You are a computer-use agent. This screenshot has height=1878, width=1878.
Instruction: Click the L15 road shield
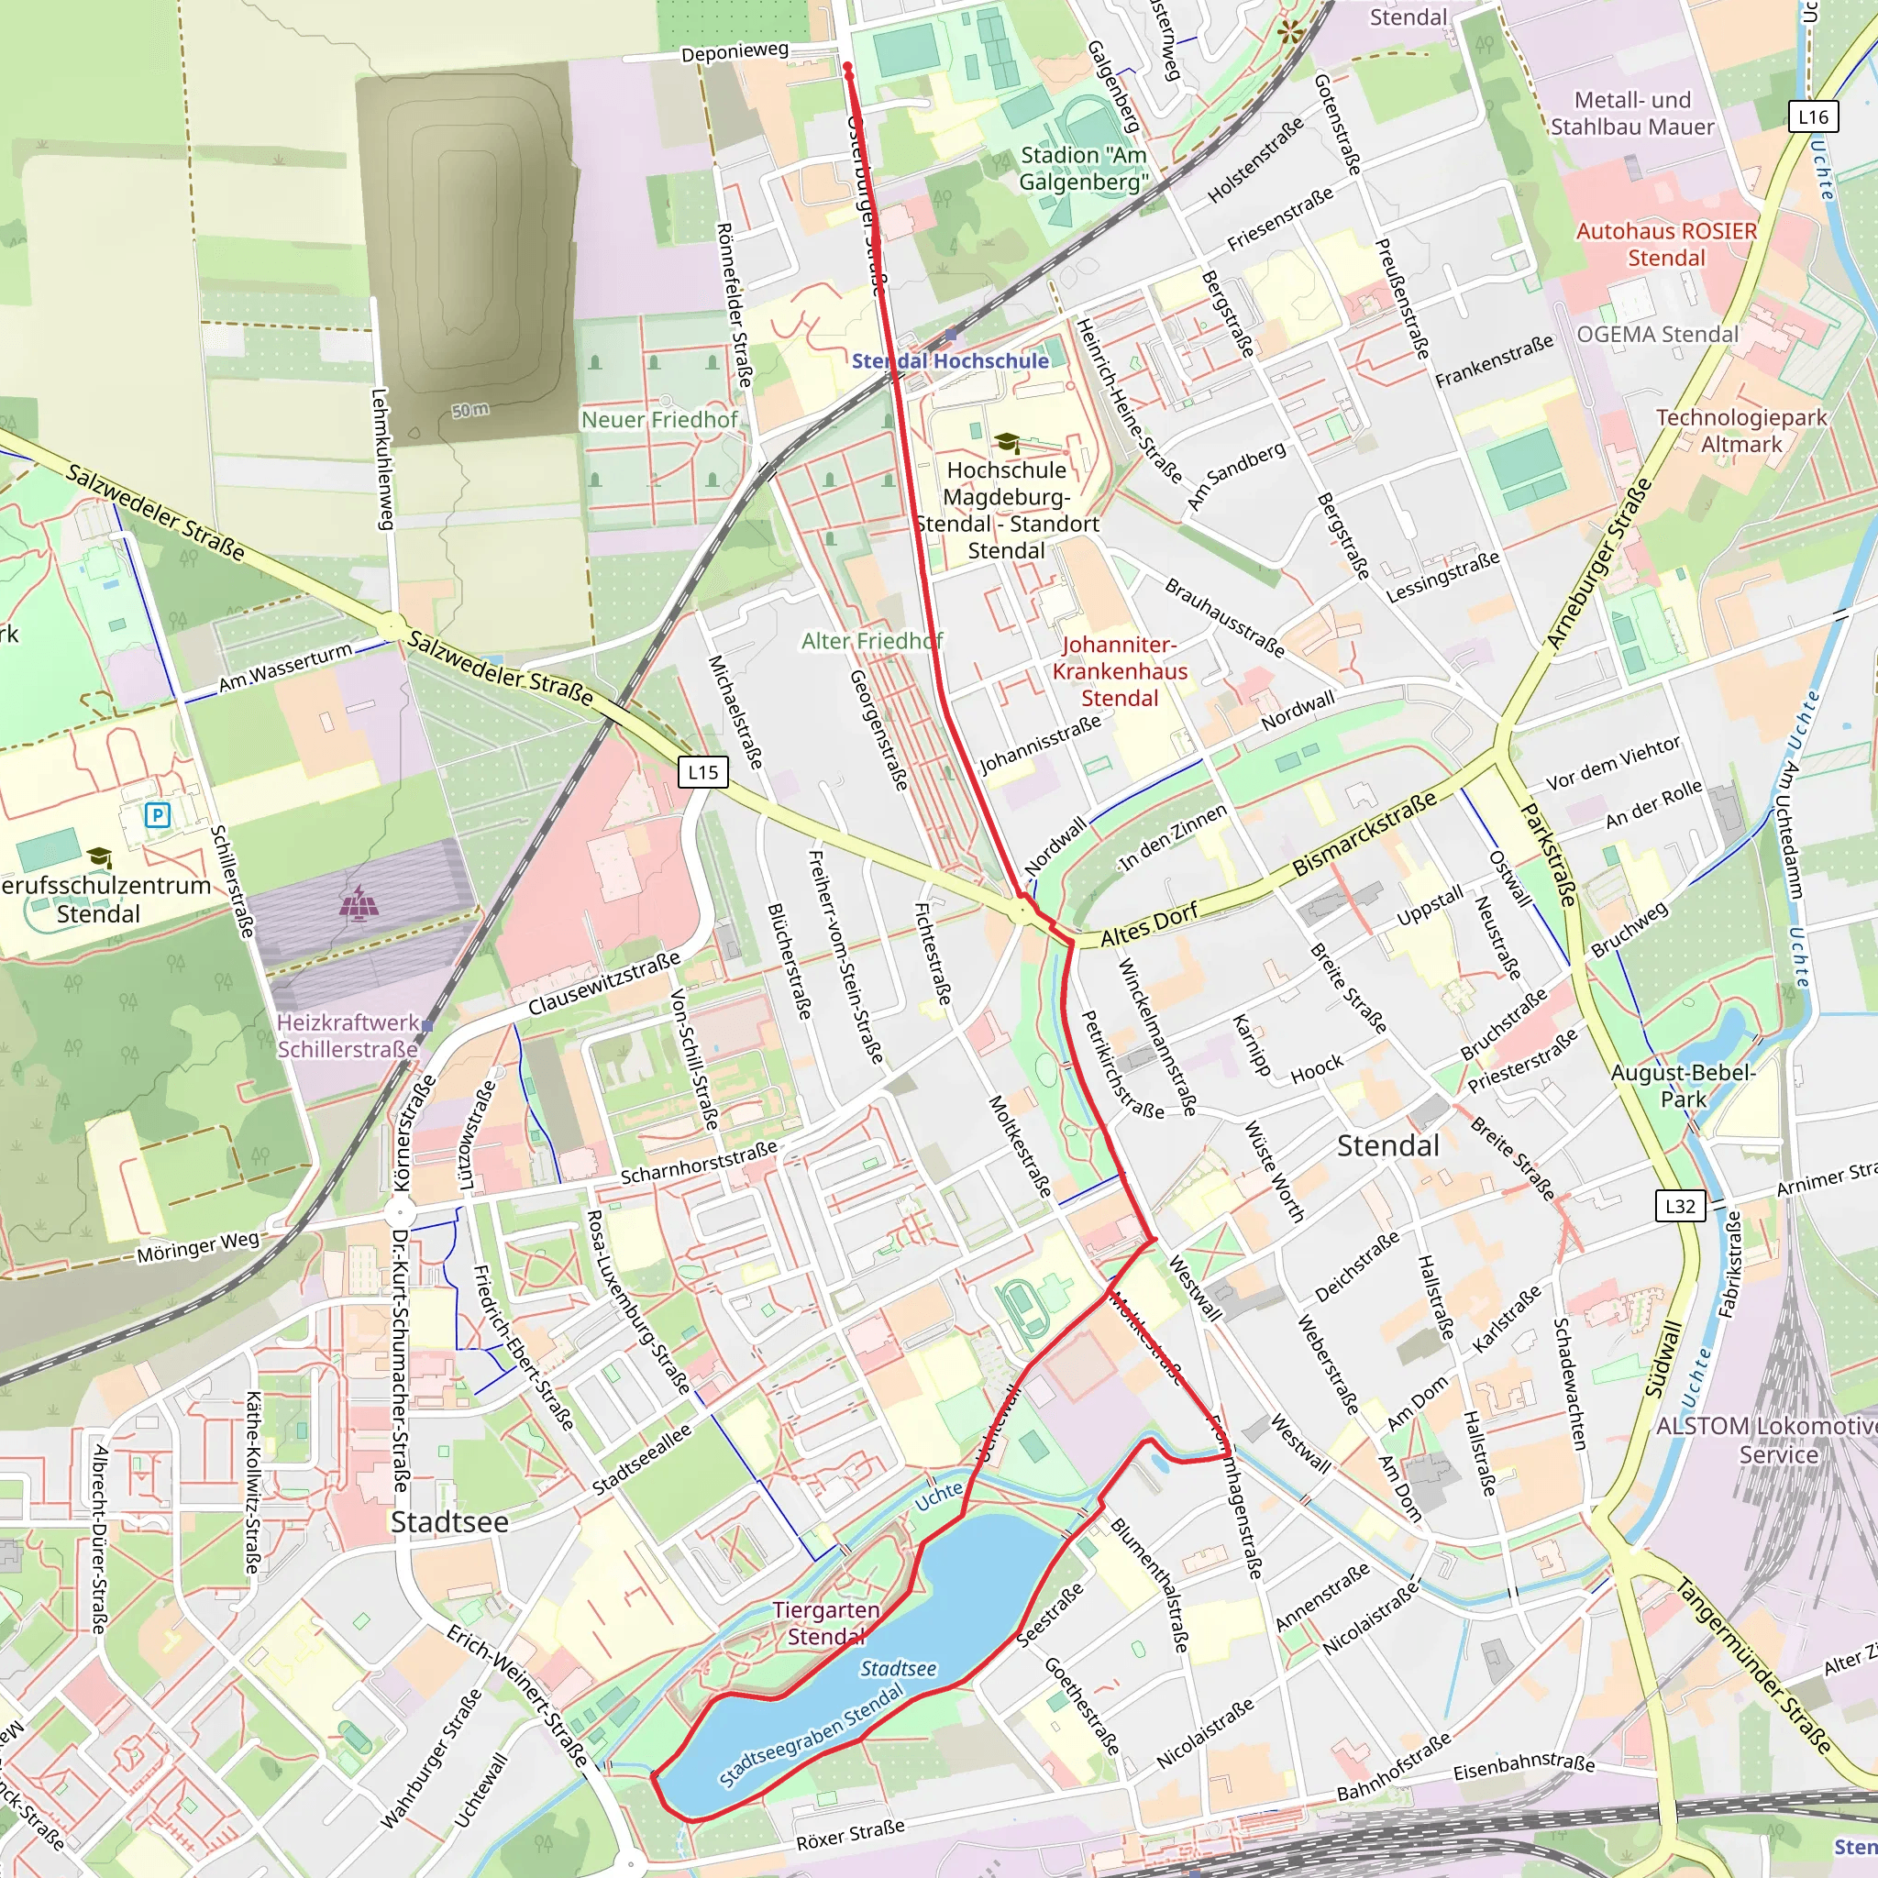click(702, 773)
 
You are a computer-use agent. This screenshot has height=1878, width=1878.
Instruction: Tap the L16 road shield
click(1813, 117)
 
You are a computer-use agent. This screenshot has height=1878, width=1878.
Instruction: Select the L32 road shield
click(1680, 1207)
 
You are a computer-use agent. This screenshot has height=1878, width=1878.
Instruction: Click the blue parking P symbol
click(158, 814)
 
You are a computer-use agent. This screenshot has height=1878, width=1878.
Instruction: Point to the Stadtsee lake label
click(898, 1668)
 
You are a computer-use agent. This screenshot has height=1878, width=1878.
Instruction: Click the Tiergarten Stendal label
click(826, 1623)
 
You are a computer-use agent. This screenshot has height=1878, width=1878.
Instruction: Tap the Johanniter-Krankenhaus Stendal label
click(1120, 670)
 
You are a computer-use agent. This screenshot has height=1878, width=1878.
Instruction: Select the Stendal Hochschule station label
click(950, 360)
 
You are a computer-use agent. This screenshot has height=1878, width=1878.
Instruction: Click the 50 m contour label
click(470, 410)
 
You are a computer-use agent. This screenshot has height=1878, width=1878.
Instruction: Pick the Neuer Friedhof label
click(659, 420)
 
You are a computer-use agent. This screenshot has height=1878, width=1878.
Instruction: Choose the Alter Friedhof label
click(872, 641)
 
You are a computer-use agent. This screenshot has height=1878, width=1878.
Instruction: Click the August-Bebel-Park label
click(1683, 1086)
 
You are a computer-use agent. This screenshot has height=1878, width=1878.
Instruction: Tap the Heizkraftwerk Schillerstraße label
click(348, 1035)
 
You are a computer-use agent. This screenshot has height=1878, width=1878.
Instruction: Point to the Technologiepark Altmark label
click(1741, 431)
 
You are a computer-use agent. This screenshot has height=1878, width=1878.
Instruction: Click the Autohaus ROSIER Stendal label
click(1666, 244)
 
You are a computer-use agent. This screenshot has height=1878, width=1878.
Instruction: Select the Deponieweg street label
click(734, 51)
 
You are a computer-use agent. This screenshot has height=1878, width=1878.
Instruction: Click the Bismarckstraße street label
click(1364, 834)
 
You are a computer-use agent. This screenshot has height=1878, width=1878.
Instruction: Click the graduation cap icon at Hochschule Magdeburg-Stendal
click(1007, 443)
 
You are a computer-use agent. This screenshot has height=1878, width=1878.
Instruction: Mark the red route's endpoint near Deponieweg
click(847, 68)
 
